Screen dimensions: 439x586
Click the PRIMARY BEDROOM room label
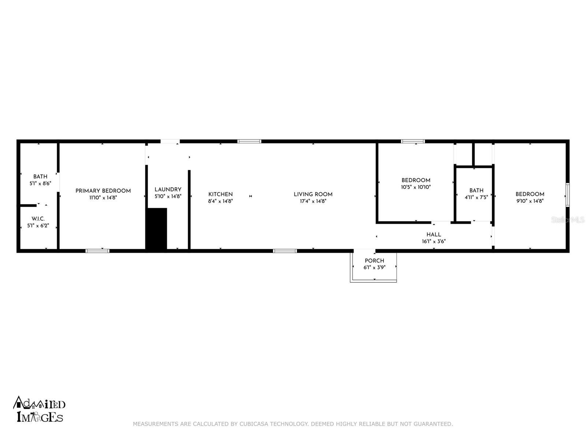103,191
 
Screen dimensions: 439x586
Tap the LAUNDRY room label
168,189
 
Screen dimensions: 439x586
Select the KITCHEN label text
220,194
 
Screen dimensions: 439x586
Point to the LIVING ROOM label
313,194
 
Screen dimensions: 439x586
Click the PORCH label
374,260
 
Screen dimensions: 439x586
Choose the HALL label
434,234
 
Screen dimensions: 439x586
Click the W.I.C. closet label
38,219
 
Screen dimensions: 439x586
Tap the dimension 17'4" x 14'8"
313,201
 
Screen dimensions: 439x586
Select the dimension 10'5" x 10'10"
416,187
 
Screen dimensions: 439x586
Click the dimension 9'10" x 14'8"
530,201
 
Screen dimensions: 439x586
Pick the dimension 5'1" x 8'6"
40,184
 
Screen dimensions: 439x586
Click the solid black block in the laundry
157,229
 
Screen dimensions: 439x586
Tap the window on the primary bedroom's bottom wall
97,251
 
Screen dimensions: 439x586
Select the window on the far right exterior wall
567,195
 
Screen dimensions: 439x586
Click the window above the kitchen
249,141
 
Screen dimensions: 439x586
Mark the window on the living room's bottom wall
285,251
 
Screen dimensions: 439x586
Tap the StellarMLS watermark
568,219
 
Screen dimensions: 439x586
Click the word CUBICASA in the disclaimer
254,424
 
